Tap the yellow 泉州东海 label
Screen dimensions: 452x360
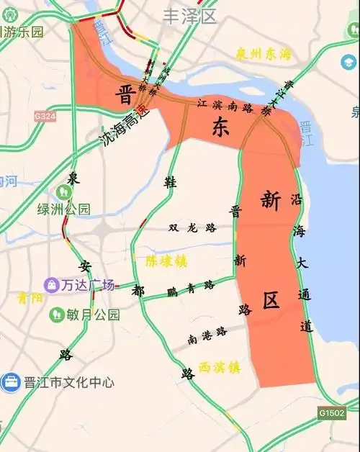265,54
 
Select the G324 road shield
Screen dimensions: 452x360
44,115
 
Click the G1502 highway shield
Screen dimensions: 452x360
332,413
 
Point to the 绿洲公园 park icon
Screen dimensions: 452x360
64,192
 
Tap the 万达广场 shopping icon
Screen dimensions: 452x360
52,285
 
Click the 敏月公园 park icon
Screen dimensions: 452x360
57,315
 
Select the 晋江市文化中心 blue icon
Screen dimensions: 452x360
11,382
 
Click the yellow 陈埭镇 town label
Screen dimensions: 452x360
166,260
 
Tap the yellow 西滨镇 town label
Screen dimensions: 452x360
219,367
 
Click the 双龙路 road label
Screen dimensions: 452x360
192,228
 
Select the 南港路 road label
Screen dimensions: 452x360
207,332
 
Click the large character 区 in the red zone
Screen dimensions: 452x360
271,300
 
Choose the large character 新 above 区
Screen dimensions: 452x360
270,201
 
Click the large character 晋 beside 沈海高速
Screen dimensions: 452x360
127,95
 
